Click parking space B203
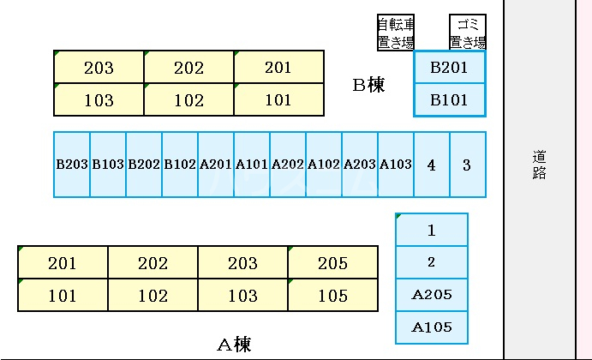[x=72, y=165]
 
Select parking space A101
[x=252, y=165]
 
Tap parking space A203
[x=360, y=165]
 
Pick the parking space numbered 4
[x=432, y=165]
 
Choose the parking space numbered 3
[x=467, y=165]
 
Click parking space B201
[x=449, y=68]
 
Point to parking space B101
[x=449, y=99]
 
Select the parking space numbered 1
[x=432, y=230]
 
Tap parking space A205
[x=432, y=295]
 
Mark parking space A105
[x=432, y=327]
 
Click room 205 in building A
[x=332, y=263]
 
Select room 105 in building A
[x=332, y=296]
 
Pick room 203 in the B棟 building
[x=99, y=68]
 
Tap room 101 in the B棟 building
[x=278, y=99]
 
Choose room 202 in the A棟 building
[x=153, y=263]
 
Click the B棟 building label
[x=369, y=85]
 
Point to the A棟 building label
[x=234, y=345]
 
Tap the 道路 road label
[x=539, y=165]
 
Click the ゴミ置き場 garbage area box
[x=468, y=33]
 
